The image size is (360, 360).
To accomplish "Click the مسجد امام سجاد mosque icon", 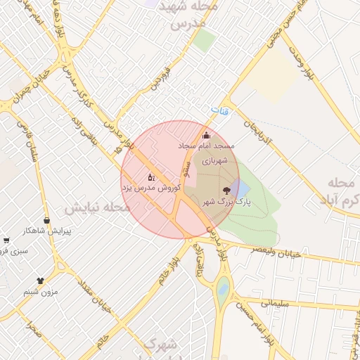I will [206, 136].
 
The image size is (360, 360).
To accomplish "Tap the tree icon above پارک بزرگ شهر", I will [226, 191].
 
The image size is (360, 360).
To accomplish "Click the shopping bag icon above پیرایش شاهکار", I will [46, 221].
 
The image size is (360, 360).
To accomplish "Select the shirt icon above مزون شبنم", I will [40, 281].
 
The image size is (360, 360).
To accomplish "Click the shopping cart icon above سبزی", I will [6, 240].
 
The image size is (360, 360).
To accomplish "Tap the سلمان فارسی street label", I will [28, 143].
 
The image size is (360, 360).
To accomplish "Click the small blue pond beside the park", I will [240, 188].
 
